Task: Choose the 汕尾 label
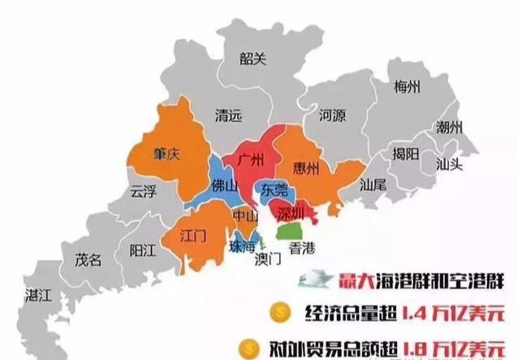tap(374, 184)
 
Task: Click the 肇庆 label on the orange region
tap(166, 154)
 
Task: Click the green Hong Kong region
tap(288, 231)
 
